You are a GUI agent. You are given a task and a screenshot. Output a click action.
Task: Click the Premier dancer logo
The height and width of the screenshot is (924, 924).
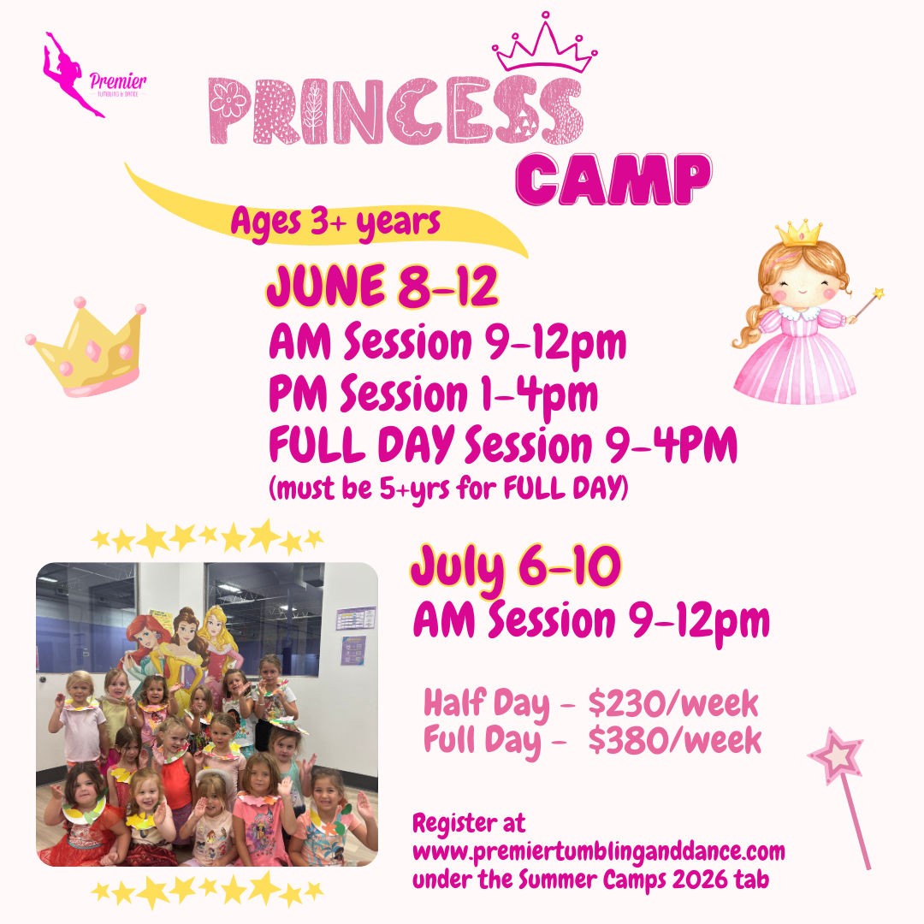(94, 75)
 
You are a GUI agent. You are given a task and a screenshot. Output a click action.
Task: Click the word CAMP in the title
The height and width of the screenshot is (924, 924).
(613, 179)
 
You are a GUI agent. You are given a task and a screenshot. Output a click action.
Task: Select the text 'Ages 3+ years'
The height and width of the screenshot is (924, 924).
(335, 223)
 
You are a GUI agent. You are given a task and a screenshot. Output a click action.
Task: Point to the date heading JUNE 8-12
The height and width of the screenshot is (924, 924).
(382, 287)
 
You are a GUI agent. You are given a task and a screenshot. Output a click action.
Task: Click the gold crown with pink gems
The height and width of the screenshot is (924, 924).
(86, 346)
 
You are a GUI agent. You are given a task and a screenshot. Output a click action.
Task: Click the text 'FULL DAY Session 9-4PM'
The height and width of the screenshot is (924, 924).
(503, 445)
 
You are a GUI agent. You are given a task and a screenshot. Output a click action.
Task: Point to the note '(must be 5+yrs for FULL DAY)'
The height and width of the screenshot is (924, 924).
(448, 489)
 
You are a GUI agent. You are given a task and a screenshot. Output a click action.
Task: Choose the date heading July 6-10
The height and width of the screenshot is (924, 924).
(516, 567)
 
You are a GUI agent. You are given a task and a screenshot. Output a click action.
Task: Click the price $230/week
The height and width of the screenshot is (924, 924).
(673, 703)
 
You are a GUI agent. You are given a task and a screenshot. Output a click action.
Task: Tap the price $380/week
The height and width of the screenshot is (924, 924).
(675, 740)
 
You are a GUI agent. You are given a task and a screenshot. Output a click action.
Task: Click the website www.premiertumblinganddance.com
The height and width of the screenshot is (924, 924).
(599, 852)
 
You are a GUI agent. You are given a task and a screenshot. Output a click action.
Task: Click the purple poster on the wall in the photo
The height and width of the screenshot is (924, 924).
(353, 651)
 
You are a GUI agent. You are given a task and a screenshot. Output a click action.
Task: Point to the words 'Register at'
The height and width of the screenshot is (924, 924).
(469, 823)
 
